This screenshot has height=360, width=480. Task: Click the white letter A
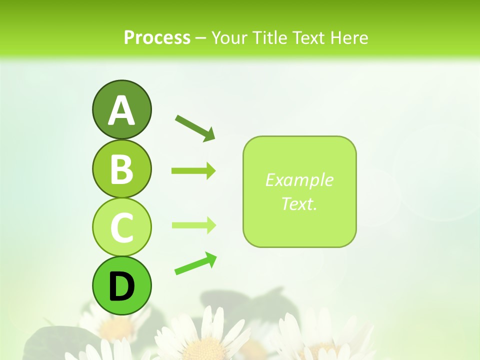click(121, 111)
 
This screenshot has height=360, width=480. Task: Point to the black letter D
click(121, 286)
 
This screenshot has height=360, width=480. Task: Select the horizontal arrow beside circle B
click(193, 171)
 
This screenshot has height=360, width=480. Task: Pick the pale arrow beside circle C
click(193, 225)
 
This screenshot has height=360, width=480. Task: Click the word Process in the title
click(157, 37)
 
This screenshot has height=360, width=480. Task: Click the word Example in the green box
click(299, 180)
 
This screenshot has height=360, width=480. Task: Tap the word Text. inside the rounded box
click(299, 203)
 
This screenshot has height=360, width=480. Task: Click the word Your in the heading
click(229, 37)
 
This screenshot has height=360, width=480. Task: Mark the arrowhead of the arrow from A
click(210, 134)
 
